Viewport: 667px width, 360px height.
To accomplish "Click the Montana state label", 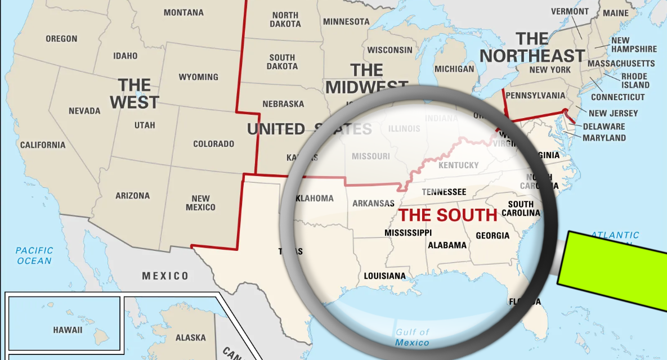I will tap(183, 12).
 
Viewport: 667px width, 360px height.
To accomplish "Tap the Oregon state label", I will tap(61, 39).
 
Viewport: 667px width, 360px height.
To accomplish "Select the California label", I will tap(43, 145).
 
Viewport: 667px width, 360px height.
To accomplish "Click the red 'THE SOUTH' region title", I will tap(448, 215).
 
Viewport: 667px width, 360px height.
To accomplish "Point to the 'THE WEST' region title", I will tap(135, 93).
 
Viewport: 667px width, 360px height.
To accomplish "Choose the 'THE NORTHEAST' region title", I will tap(532, 48).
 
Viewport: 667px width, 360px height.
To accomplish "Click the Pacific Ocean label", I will tap(34, 255).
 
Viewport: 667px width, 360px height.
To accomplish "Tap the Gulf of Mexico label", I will tap(412, 337).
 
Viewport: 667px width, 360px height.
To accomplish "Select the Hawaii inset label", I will tap(68, 330).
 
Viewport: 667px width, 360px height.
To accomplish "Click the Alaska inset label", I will tap(190, 337).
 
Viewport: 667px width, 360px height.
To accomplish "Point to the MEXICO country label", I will tap(165, 276).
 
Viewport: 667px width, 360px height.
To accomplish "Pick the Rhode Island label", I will tap(635, 80).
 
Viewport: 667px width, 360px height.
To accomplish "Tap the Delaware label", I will tap(603, 127).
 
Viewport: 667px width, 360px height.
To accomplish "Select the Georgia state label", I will tap(493, 236).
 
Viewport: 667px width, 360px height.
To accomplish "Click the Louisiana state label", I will tap(384, 276).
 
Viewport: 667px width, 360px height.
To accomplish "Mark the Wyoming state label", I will tap(198, 77).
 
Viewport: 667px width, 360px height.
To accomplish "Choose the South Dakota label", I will tap(283, 62).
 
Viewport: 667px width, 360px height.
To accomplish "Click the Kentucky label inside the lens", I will tap(458, 165).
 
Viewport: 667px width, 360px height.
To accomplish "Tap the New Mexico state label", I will tap(200, 203).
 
